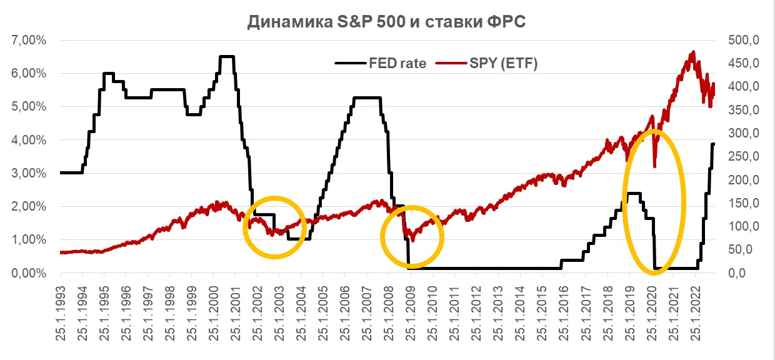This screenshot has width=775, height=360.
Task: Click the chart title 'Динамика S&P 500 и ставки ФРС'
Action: click(387, 22)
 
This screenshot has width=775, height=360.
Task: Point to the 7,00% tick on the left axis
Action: click(29, 41)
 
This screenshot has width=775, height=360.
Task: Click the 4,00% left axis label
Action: click(29, 140)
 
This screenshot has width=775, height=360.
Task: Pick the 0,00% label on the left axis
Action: click(29, 273)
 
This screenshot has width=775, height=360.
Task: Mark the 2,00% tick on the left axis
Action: click(29, 207)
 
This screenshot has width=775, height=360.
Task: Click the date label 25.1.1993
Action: click(61, 312)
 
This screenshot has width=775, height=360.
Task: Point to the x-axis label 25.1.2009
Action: click(410, 312)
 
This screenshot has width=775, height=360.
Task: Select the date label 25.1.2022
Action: click(694, 312)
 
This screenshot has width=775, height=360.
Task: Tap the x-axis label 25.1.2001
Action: click(236, 312)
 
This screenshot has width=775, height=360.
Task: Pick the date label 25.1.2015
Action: click(541, 312)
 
